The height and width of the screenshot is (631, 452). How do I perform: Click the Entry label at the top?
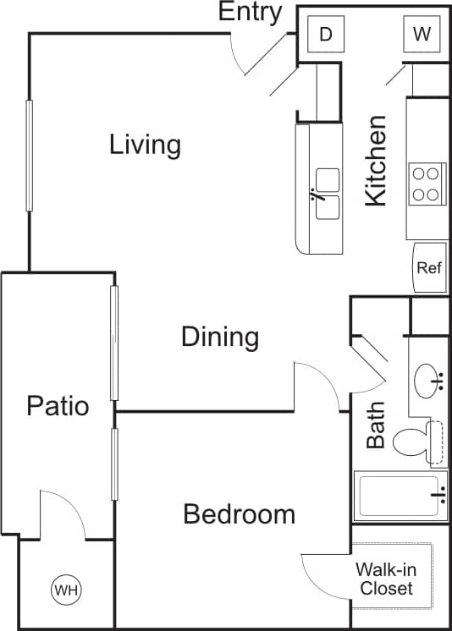(x=251, y=13)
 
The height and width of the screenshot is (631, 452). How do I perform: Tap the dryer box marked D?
(x=325, y=35)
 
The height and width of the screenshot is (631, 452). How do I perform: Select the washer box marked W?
(x=420, y=35)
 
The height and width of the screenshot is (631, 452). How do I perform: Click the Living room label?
(x=145, y=145)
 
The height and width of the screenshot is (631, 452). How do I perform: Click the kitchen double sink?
(x=328, y=194)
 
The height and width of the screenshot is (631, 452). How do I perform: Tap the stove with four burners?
(x=426, y=184)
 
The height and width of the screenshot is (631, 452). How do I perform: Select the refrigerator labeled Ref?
(x=429, y=268)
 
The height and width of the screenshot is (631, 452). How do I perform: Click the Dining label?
(x=220, y=337)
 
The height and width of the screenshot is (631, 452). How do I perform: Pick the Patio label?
(x=58, y=405)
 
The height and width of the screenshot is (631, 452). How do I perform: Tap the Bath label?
(x=376, y=425)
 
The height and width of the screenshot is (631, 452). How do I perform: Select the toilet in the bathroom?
(x=418, y=441)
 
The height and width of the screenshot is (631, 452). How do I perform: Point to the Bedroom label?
(x=240, y=513)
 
